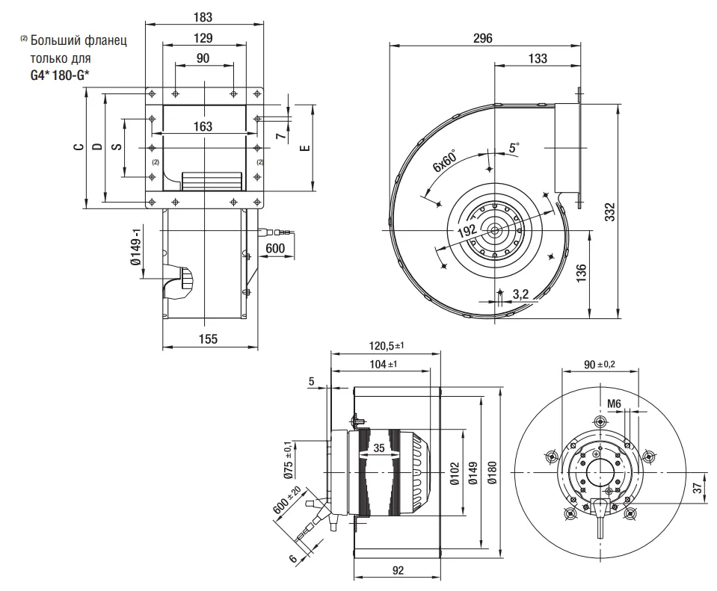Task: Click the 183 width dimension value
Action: click(203, 16)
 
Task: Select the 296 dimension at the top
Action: click(483, 39)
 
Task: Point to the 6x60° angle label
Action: click(444, 164)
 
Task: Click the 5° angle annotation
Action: click(514, 148)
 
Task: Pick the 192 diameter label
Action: click(467, 231)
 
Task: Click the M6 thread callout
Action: click(614, 403)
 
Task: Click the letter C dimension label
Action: click(78, 147)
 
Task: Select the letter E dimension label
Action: click(304, 147)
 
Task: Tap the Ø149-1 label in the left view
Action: click(136, 249)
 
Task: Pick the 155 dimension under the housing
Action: click(208, 339)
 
